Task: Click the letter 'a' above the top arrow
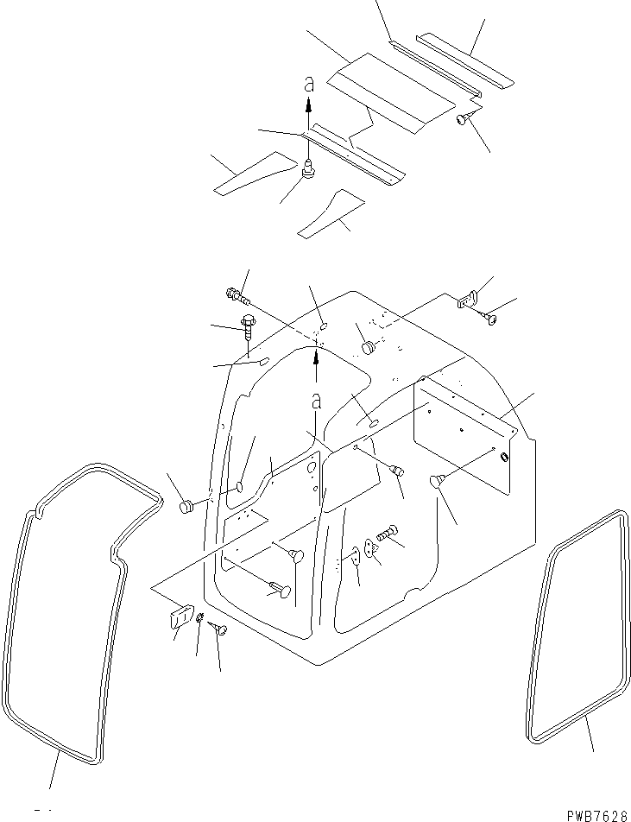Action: coord(308,85)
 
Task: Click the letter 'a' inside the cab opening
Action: coord(316,401)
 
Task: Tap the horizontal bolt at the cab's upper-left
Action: coord(237,296)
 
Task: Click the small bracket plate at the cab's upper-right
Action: coord(467,299)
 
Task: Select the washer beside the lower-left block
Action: coord(199,617)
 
